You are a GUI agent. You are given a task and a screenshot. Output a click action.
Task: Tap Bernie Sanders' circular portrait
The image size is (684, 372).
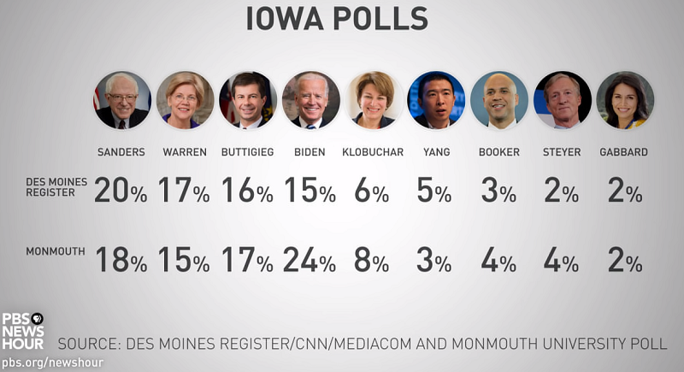click(122, 100)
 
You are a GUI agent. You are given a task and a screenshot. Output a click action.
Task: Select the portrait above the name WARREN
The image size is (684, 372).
click(185, 100)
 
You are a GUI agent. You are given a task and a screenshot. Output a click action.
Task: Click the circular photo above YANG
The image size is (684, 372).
click(436, 100)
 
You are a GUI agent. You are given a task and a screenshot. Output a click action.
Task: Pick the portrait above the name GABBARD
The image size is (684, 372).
click(625, 100)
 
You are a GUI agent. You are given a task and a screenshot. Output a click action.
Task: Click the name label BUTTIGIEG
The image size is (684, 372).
click(247, 152)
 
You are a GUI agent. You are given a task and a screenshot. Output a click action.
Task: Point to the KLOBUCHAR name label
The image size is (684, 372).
click(372, 152)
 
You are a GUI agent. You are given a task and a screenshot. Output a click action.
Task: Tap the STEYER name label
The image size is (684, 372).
click(562, 152)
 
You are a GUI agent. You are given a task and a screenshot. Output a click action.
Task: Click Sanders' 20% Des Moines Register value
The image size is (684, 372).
click(121, 191)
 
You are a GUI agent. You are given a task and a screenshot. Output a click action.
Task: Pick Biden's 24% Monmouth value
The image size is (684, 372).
click(309, 260)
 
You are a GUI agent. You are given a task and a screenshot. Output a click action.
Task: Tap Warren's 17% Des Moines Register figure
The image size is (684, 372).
click(183, 191)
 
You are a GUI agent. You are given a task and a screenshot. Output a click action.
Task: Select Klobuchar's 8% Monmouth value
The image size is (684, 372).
click(371, 260)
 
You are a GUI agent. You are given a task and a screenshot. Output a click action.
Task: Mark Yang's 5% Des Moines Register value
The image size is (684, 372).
click(434, 191)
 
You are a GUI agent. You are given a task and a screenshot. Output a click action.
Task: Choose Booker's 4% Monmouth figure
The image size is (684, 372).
click(498, 260)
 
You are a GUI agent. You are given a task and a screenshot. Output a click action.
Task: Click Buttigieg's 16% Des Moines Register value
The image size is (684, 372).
click(246, 191)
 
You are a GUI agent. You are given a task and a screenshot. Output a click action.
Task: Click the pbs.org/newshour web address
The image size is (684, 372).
click(51, 363)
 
